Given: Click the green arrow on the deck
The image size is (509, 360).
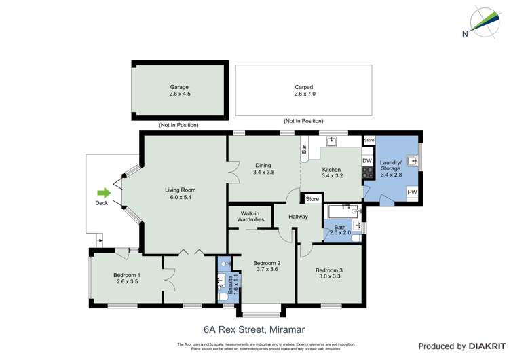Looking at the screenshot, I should pyautogui.click(x=103, y=192).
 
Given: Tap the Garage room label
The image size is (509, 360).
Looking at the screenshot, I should pyautogui.click(x=180, y=87).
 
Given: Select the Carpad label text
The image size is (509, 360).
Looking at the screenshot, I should pyautogui.click(x=304, y=87).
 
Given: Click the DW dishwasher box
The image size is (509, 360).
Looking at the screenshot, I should pyautogui.click(x=367, y=161).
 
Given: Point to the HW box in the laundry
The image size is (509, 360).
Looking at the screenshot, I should pyautogui.click(x=411, y=193).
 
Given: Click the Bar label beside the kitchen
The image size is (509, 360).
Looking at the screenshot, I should pyautogui.click(x=304, y=149).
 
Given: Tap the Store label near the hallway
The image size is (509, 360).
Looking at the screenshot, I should pyautogui.click(x=312, y=199).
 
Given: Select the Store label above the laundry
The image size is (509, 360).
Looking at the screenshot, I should pyautogui.click(x=369, y=140).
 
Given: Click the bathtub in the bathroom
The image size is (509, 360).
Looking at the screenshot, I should pyautogui.click(x=343, y=211).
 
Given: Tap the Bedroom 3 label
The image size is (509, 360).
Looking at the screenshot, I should pyautogui.click(x=328, y=269).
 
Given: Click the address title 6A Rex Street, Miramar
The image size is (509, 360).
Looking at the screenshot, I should pyautogui.click(x=254, y=327).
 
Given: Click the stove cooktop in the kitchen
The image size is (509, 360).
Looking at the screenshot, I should pyautogui.click(x=368, y=173).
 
